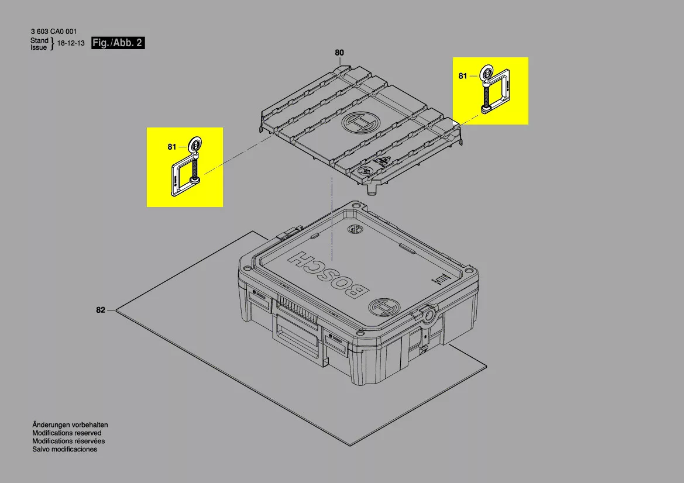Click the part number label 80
[339, 53]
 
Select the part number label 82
[101, 310]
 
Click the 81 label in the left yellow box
[171, 147]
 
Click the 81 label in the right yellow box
[463, 76]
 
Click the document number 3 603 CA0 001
[53, 32]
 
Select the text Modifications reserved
[67, 433]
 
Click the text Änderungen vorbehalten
[70, 425]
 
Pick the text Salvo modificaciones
[64, 450]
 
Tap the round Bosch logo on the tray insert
[360, 124]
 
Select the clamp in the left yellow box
[186, 170]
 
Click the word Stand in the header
[39, 40]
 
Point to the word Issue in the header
[39, 47]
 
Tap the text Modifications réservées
[68, 441]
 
